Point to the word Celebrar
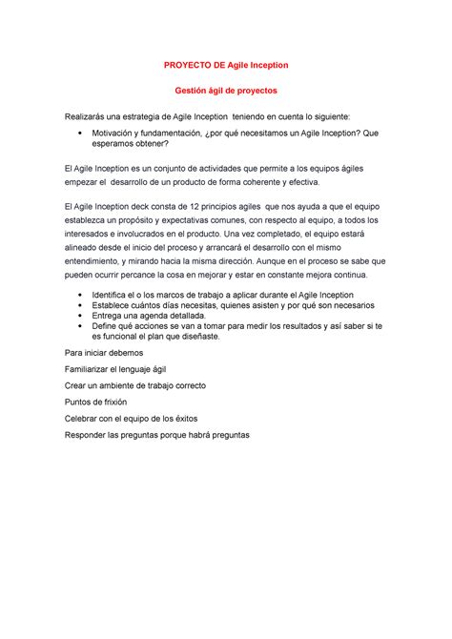click(81, 419)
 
